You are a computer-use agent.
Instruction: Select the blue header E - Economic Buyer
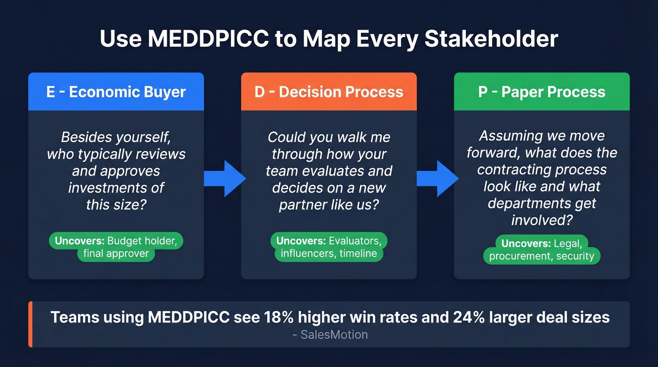tap(116, 92)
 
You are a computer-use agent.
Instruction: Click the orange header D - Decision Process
tap(329, 92)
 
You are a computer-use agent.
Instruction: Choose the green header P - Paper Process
tap(541, 92)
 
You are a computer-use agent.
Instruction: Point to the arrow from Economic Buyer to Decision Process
tap(225, 178)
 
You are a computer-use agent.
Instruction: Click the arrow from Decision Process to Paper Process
tap(438, 178)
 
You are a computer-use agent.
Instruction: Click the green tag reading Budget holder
tap(116, 241)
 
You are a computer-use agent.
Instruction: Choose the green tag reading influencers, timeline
tap(329, 254)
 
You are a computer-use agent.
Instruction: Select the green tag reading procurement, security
tap(541, 256)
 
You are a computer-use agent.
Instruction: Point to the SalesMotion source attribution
tap(329, 335)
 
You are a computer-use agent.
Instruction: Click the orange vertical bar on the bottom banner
tap(31, 324)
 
